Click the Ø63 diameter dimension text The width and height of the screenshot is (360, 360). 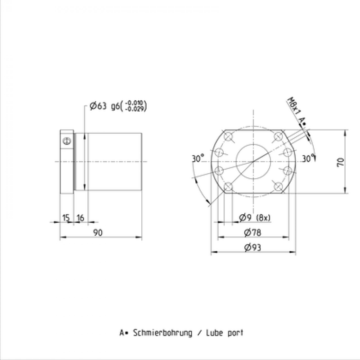(x=98, y=106)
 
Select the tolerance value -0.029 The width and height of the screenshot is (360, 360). (x=135, y=109)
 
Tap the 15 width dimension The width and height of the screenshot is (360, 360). (x=66, y=217)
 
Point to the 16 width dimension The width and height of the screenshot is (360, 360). (x=81, y=217)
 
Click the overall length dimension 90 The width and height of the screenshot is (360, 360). (x=98, y=233)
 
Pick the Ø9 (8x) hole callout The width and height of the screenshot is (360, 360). (x=255, y=217)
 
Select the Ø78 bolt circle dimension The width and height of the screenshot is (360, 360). (x=252, y=233)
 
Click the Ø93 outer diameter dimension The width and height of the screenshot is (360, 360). (x=252, y=247)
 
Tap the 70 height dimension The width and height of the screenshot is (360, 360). (x=341, y=162)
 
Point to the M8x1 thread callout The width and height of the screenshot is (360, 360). (x=294, y=107)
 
